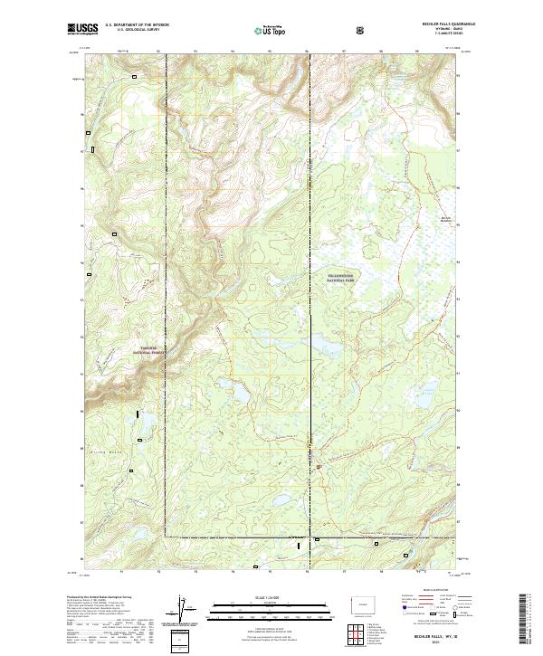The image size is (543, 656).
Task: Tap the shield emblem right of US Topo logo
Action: point(362,29)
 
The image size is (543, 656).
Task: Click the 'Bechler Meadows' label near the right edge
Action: point(445,218)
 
